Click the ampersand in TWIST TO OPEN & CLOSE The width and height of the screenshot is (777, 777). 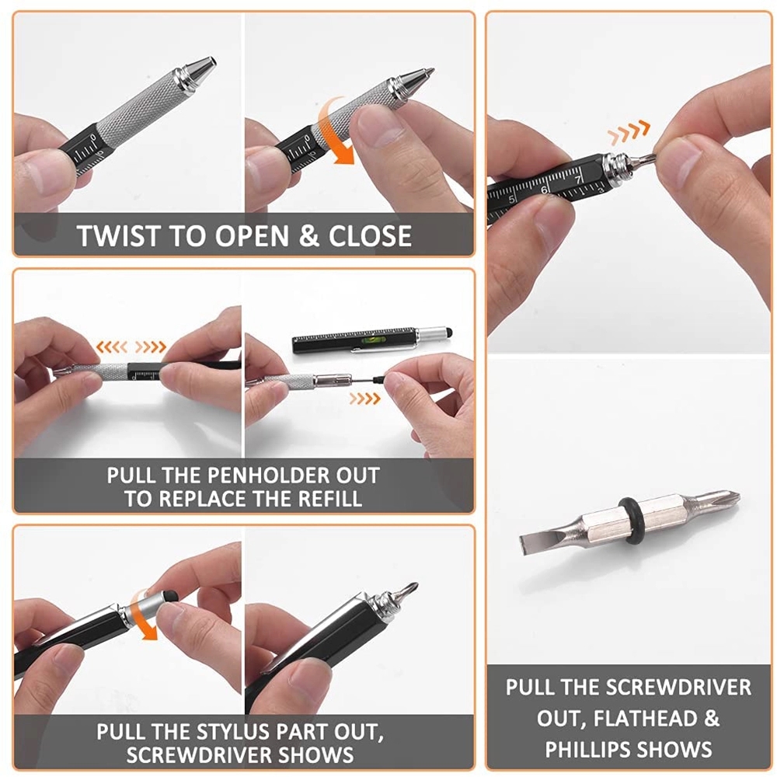point(308,235)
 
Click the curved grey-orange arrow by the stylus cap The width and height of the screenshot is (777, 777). point(145,613)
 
